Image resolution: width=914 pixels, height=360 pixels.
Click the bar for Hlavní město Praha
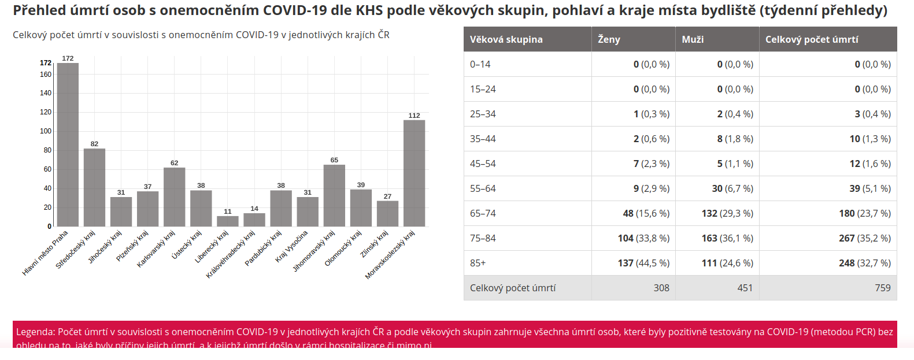point(68,144)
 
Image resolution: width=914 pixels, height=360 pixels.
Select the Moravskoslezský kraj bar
point(414,173)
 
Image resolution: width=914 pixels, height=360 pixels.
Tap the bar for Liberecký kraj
point(228,221)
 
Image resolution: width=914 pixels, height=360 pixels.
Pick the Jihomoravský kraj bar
point(334,195)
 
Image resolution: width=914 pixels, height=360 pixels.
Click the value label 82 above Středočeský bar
point(94,144)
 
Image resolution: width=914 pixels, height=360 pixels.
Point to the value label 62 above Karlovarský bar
point(174,163)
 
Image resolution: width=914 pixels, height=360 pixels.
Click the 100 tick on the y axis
point(46,131)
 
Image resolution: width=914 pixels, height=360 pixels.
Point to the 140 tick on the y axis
point(46,93)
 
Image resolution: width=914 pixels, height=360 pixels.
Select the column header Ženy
point(609,39)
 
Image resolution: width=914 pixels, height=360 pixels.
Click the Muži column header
point(693,39)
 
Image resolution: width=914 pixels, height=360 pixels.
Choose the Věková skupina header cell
point(506,39)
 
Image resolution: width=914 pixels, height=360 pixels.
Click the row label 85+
point(478,263)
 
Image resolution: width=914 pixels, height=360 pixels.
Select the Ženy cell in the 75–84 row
point(643,238)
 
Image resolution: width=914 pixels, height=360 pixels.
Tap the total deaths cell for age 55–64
point(869,188)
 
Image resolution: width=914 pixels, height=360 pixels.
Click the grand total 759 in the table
point(882,288)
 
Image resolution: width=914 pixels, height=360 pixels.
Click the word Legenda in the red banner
point(35,332)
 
